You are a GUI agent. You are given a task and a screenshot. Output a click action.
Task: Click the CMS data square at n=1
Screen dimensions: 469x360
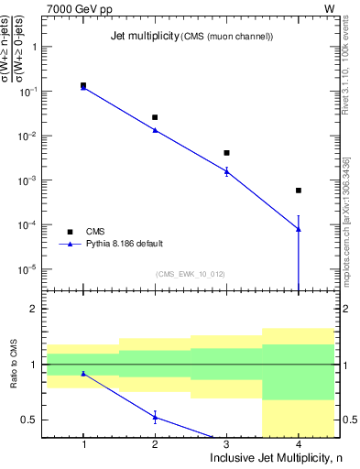point(83,85)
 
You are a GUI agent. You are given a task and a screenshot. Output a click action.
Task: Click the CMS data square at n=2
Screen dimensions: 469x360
point(155,117)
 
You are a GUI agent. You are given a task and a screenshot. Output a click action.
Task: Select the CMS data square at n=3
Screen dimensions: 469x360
point(226,153)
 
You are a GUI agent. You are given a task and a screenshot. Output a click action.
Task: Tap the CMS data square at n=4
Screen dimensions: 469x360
point(299,191)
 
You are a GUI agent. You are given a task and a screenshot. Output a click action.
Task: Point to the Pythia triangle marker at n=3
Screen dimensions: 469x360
point(226,171)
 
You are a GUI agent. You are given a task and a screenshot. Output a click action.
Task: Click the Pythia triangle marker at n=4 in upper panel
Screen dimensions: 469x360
point(299,229)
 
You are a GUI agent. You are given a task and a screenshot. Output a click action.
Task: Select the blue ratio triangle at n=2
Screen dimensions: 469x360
point(155,417)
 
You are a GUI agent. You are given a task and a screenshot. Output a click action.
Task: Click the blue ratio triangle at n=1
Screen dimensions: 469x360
point(83,373)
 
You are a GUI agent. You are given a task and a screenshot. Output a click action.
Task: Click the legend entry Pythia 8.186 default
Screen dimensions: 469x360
point(125,244)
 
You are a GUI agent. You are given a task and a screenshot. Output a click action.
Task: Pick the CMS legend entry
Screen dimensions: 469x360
point(95,231)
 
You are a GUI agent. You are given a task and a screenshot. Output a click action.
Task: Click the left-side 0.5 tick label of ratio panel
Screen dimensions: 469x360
point(29,420)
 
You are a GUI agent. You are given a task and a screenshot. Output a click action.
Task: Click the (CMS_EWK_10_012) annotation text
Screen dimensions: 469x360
point(191,274)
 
